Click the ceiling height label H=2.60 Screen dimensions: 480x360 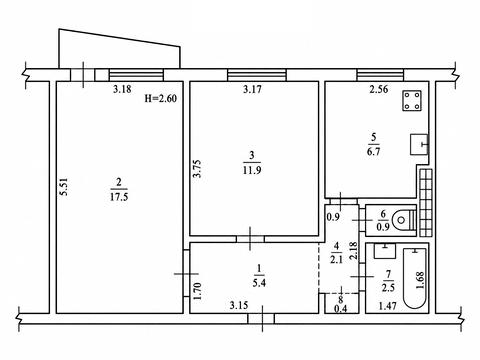(160, 98)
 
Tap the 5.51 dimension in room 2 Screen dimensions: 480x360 (64, 186)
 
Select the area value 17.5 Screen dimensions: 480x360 (119, 197)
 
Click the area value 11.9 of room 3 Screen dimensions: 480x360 (252, 170)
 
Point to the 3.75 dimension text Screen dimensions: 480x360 (198, 169)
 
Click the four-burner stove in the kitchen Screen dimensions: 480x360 (412, 101)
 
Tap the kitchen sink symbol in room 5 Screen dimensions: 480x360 (419, 144)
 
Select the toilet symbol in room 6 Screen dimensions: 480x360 (405, 220)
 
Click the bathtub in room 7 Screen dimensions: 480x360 (415, 278)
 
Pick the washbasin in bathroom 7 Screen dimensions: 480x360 (385, 251)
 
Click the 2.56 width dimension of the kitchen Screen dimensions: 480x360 (379, 89)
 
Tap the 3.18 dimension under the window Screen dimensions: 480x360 (122, 89)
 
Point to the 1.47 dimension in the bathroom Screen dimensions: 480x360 (387, 305)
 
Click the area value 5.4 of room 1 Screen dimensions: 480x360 (259, 283)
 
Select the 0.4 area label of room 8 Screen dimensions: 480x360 (340, 309)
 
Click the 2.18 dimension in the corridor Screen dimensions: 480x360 (354, 251)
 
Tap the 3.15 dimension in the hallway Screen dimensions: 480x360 (239, 305)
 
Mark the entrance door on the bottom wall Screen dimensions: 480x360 (261, 319)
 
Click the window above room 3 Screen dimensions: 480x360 (257, 75)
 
